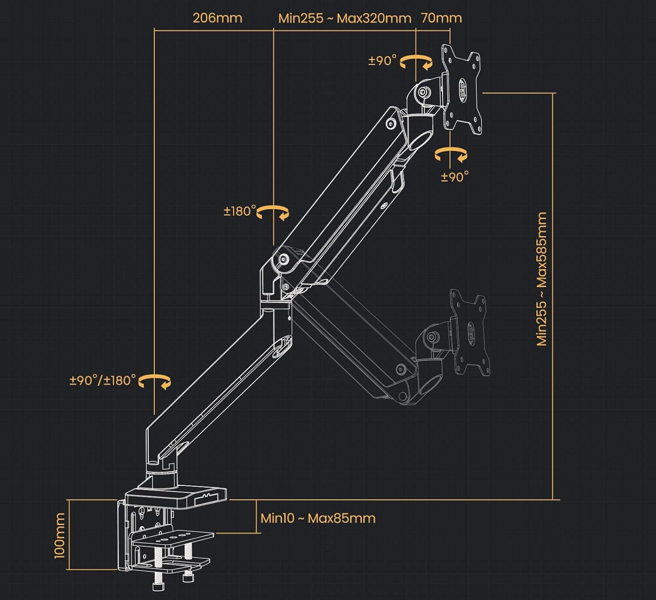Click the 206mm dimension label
coord(217,18)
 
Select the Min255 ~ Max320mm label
coord(345,18)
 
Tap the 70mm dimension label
coord(441,18)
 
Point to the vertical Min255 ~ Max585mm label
coord(542,279)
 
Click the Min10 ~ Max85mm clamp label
coord(318,518)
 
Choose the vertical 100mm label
coord(59,536)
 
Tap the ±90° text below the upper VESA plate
coord(455,177)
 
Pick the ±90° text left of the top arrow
coord(382,60)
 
